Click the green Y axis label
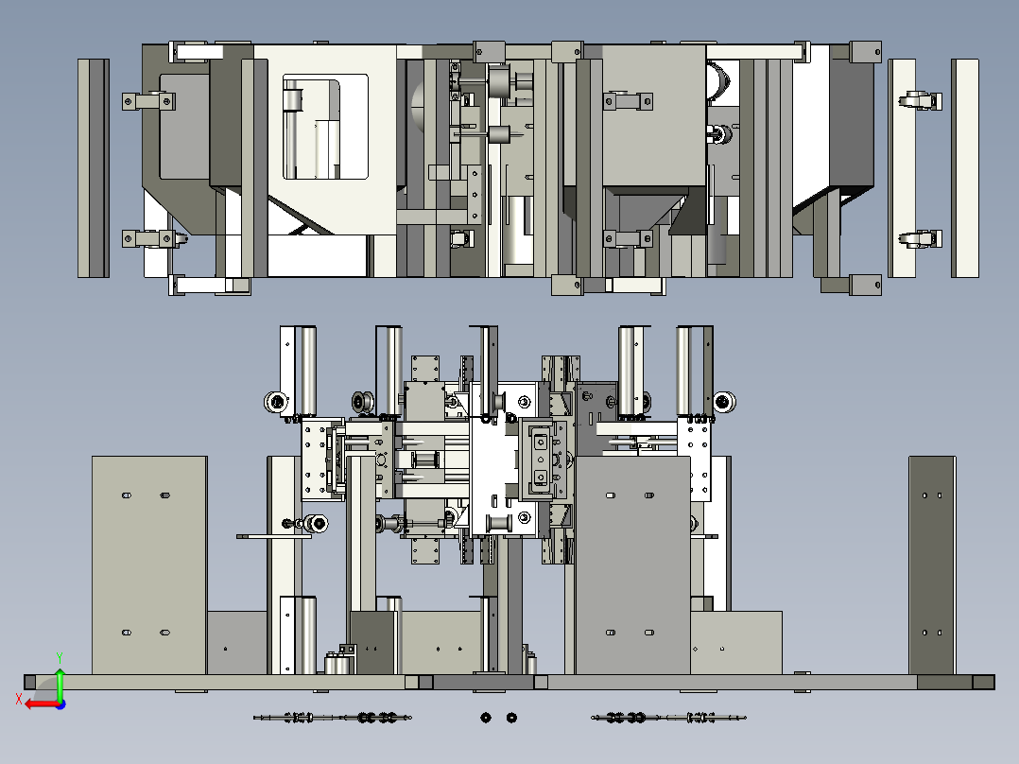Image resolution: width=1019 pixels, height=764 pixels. point(60,657)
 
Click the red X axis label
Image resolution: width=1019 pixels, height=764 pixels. point(19,700)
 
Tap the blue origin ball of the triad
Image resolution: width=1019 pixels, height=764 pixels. point(60,704)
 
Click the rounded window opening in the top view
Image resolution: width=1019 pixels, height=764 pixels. point(325,127)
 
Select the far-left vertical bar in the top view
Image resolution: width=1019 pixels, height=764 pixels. point(94,168)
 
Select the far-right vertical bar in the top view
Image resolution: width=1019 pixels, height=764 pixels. point(965,168)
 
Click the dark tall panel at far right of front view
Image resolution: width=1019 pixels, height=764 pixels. point(932,565)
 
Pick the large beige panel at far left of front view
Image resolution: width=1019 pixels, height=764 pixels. point(149,565)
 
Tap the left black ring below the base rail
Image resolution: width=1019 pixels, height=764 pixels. point(486,718)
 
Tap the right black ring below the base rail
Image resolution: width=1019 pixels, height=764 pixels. point(511,718)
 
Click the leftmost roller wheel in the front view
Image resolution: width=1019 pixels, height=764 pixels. point(276,401)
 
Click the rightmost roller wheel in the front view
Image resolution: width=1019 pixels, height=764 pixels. point(725,402)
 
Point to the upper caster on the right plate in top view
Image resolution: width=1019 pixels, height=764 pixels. point(921,101)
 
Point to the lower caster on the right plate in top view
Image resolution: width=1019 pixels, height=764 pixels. point(921,239)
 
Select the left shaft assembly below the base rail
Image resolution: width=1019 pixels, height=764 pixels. point(332,718)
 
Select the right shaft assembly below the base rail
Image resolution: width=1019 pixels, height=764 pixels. point(668,718)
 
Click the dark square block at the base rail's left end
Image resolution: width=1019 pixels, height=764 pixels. point(30,682)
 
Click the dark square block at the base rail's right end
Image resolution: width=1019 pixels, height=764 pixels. point(984,682)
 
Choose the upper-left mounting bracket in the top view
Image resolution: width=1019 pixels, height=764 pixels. point(148,101)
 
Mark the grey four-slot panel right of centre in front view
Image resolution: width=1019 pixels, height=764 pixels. point(633,565)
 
